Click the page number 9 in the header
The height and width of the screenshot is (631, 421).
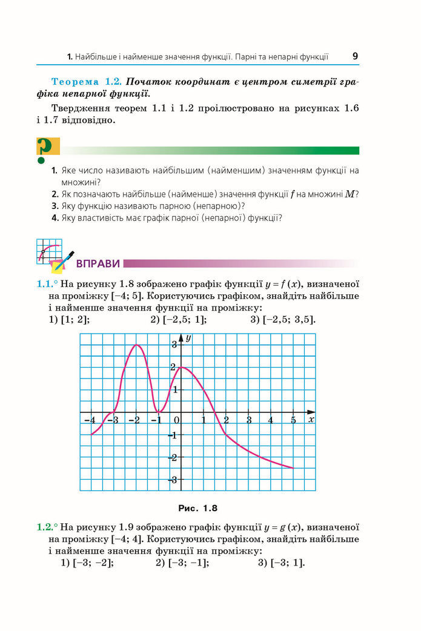click(355, 56)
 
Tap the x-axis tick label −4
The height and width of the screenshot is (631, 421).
click(89, 420)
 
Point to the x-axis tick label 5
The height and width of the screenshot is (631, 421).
click(293, 420)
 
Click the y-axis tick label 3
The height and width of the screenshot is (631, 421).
click(174, 345)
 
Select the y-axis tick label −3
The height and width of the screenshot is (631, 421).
click(173, 480)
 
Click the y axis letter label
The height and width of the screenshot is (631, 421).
click(188, 337)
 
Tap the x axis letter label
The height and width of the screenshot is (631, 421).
click(311, 419)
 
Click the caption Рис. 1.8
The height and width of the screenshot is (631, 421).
click(197, 507)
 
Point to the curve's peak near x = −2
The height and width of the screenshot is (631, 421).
click(137, 345)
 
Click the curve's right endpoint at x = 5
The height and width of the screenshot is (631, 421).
click(293, 467)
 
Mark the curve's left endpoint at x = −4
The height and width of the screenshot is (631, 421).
click(91, 434)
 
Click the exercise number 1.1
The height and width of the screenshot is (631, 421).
click(47, 283)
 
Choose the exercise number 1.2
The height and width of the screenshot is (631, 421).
click(47, 527)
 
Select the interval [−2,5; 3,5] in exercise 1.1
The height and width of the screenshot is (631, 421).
click(282, 320)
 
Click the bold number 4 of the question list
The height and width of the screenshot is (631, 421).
click(55, 218)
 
